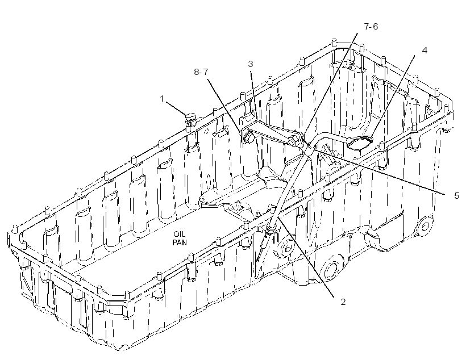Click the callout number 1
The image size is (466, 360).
click(161, 98)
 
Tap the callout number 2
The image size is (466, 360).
click(343, 302)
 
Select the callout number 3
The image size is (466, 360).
click(251, 64)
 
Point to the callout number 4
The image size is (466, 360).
click(425, 50)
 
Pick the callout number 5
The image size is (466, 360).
click(456, 195)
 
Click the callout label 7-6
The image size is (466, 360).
click(371, 27)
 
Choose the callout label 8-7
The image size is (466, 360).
click(201, 72)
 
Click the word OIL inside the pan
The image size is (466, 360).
click(180, 235)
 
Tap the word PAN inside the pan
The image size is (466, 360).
click(180, 242)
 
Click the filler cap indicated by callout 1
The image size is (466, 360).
click(190, 118)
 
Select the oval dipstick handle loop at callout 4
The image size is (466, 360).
click(359, 143)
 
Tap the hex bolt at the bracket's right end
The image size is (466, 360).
click(295, 140)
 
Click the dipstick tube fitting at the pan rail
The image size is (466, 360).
click(271, 229)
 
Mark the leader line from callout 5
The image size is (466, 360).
click(378, 171)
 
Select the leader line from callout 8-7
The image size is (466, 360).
click(224, 106)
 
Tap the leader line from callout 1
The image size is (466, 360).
click(176, 107)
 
